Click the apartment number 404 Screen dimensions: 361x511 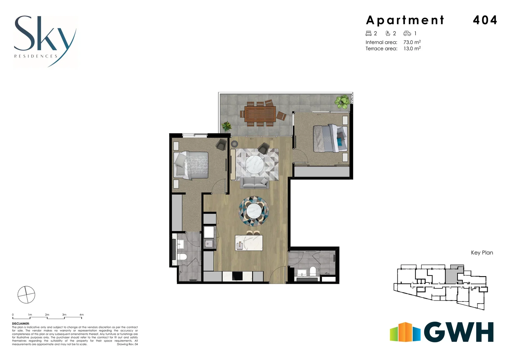point(485,20)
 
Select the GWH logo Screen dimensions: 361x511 point(441,332)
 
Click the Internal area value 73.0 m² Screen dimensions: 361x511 point(412,42)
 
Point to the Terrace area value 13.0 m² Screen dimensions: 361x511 point(412,48)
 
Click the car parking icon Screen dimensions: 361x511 point(407,33)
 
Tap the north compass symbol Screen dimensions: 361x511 point(26,294)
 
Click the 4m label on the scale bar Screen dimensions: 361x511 point(81,315)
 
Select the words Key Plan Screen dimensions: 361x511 point(482,253)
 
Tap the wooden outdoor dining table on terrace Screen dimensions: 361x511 point(260,114)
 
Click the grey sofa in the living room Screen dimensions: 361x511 point(254,183)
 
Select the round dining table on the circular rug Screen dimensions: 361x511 point(253,211)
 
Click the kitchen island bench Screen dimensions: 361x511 point(248,243)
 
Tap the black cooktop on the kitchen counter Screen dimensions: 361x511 point(237,276)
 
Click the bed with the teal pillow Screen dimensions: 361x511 point(330,138)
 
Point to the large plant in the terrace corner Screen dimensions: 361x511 point(342,101)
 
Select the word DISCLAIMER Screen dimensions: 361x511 point(21,324)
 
